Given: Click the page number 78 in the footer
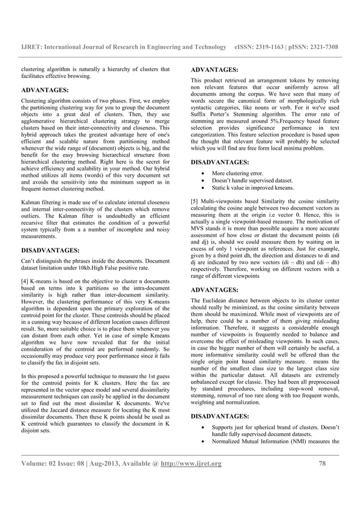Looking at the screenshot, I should coord(323,464).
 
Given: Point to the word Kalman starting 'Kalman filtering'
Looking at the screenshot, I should coord(31,201).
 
